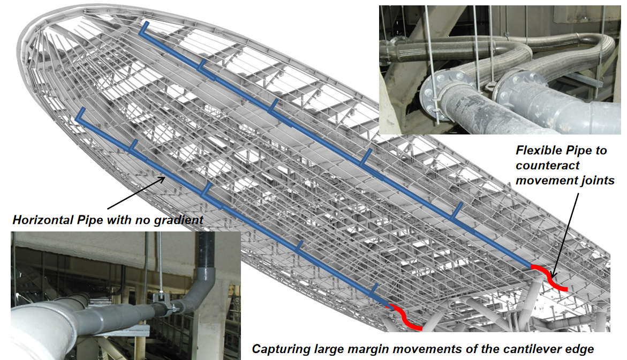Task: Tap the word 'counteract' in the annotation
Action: pyautogui.click(x=547, y=166)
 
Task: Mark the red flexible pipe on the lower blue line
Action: pyautogui.click(x=404, y=317)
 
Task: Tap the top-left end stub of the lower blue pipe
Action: pyautogui.click(x=80, y=115)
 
